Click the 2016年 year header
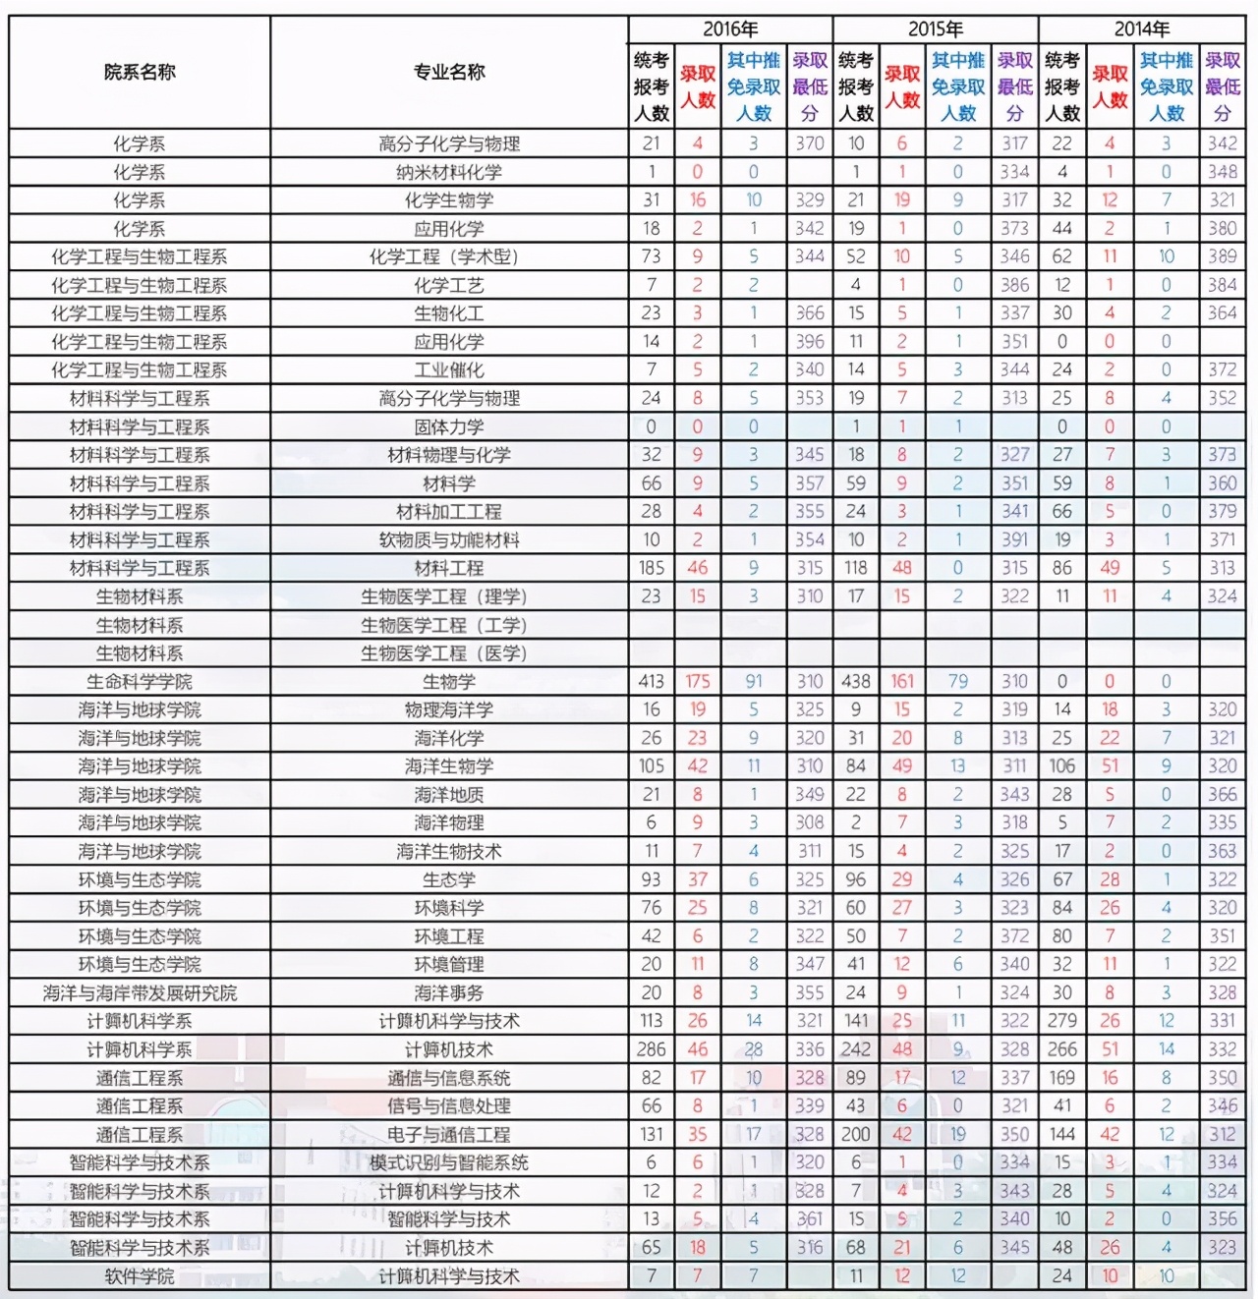point(730,28)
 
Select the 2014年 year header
point(1141,28)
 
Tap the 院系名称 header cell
point(140,72)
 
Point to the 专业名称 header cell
point(449,72)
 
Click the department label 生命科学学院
point(140,681)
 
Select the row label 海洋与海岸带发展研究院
point(140,992)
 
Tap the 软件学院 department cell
point(140,1275)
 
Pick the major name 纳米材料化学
point(449,172)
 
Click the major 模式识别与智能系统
point(449,1162)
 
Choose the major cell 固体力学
point(449,426)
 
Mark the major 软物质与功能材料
point(449,539)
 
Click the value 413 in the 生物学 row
point(651,681)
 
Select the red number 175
point(697,681)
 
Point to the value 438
point(856,681)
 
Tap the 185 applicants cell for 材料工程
point(651,568)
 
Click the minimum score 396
point(810,342)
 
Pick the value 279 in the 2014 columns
point(1061,1021)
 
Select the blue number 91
point(754,681)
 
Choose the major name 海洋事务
point(449,992)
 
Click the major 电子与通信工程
point(449,1134)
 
